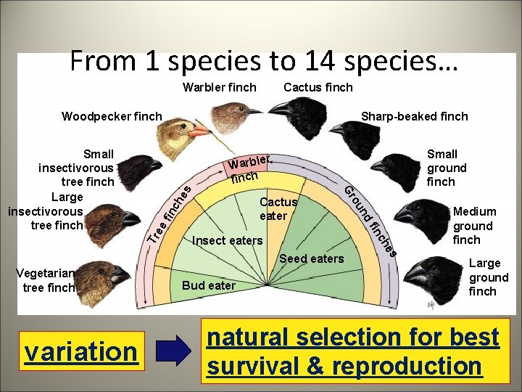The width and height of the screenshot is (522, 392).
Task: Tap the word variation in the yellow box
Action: tap(81, 351)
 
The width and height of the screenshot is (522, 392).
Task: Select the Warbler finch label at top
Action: tap(219, 87)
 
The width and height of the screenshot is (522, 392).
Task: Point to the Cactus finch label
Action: tap(318, 87)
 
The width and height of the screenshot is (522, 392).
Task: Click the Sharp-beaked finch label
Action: tap(414, 116)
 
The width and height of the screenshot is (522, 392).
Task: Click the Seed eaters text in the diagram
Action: tap(312, 259)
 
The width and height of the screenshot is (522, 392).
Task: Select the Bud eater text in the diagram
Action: tap(208, 285)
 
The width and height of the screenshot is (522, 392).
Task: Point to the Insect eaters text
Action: tap(227, 240)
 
